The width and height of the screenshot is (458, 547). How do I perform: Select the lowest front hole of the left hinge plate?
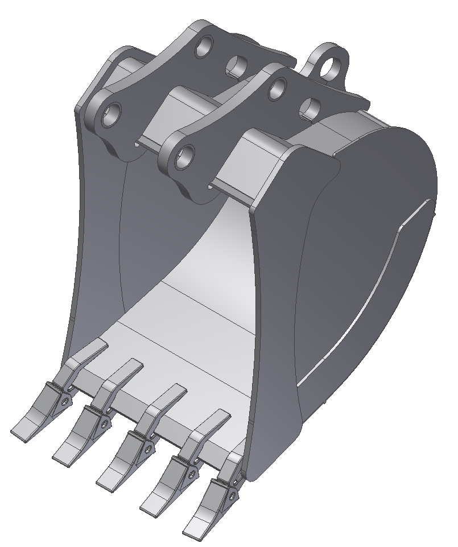click(113, 114)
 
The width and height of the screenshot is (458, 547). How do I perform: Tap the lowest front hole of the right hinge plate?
click(183, 156)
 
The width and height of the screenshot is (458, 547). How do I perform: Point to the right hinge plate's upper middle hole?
click(277, 87)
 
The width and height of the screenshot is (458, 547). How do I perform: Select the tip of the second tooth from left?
click(61, 454)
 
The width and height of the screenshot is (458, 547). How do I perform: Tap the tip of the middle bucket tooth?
click(105, 480)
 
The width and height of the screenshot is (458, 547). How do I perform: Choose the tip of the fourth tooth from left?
click(149, 504)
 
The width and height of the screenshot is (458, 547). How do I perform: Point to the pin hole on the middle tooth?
click(148, 449)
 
